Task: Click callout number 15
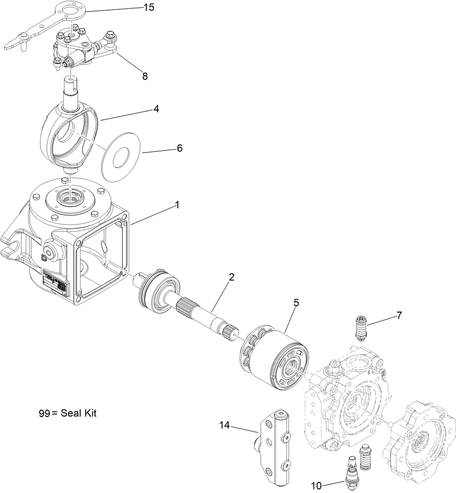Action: point(149,8)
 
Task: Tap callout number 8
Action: point(145,76)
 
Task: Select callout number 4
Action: point(156,109)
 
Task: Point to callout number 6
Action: point(179,148)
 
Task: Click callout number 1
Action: point(177,206)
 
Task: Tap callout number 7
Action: point(399,315)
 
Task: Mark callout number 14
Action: point(224,426)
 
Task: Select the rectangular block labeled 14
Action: point(275,447)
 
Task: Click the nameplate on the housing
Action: point(55,282)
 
